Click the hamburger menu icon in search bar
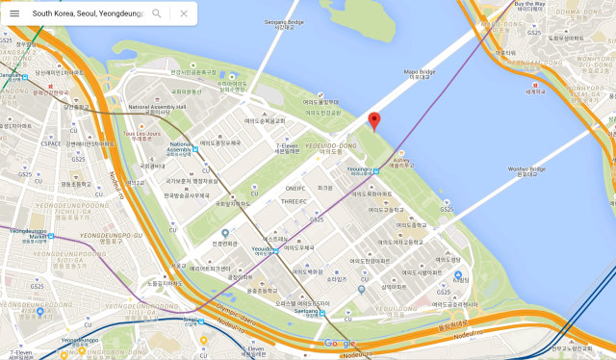14,13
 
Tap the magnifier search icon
157,13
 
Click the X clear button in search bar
184,13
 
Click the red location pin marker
375,120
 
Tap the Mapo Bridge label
419,72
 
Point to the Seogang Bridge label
283,21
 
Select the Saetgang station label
306,311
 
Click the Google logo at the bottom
339,344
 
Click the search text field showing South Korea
82,13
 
